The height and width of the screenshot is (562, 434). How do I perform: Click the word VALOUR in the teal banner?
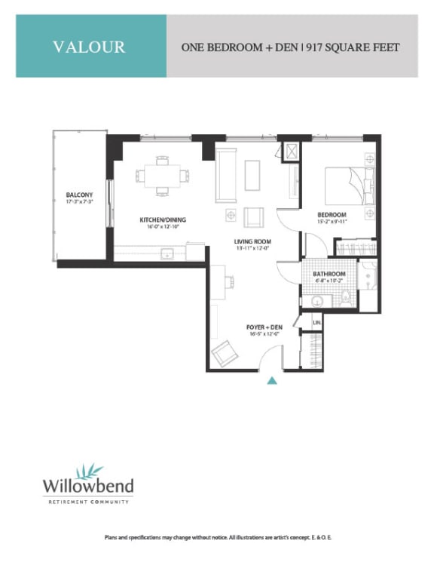click(89, 47)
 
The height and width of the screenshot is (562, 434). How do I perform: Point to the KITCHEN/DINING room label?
click(162, 220)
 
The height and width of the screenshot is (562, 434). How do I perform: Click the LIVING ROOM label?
click(252, 241)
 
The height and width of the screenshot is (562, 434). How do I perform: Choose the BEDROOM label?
click(332, 214)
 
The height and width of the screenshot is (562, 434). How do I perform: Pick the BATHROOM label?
click(330, 274)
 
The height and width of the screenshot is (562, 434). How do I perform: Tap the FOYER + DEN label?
click(264, 327)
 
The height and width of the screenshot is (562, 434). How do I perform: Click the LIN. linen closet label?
click(316, 322)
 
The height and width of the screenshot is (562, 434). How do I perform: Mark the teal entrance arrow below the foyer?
click(273, 380)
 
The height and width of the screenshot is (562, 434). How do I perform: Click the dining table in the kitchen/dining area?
click(163, 176)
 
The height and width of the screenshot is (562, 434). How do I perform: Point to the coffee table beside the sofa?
click(252, 176)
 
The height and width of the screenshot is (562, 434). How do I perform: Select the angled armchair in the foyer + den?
click(225, 352)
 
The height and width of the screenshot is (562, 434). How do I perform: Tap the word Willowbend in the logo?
click(86, 485)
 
